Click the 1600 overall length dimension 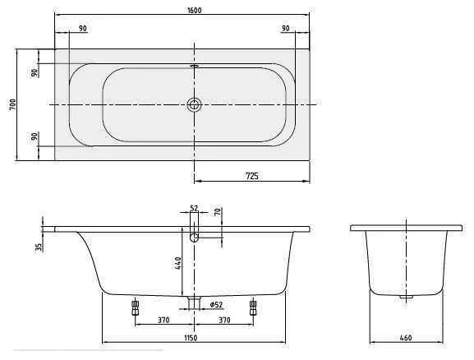tap(194, 10)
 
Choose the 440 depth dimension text tap(177, 263)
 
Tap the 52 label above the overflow tap(195, 208)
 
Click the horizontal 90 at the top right tap(285, 29)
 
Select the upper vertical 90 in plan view tap(35, 72)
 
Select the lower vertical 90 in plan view tap(35, 136)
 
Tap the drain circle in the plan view tap(194, 104)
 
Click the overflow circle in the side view tap(195, 238)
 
